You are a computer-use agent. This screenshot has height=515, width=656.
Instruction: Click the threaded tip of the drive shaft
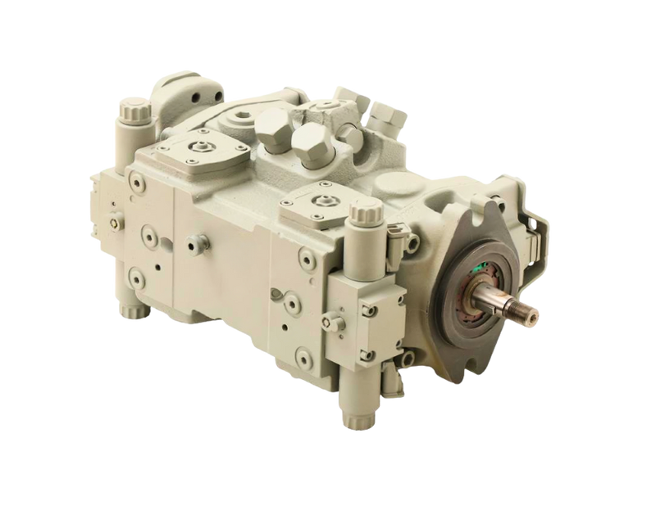point(526,313)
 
